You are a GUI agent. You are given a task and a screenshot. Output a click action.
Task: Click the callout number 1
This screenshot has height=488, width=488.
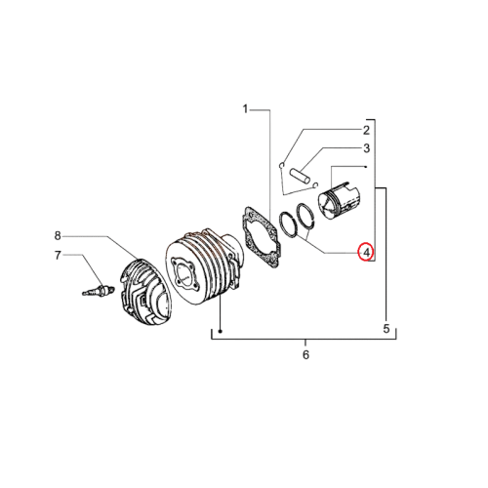point(246,109)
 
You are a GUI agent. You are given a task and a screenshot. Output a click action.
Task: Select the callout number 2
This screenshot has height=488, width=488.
point(366,131)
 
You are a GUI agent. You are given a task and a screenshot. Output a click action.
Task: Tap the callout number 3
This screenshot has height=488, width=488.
point(367,148)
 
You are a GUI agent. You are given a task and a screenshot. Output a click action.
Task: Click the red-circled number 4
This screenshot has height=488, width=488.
point(366,252)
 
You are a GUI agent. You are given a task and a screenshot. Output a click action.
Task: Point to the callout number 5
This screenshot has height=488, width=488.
point(386,329)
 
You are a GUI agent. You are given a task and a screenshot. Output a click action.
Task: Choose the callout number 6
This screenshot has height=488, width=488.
point(305,354)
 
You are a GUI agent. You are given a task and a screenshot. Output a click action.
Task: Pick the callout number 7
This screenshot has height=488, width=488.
point(58,256)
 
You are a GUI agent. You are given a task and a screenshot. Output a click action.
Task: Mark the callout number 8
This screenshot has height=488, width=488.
point(58,235)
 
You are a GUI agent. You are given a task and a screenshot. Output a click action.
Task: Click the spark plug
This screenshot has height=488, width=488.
point(98,290)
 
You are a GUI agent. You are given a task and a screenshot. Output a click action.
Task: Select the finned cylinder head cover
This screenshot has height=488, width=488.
point(145,292)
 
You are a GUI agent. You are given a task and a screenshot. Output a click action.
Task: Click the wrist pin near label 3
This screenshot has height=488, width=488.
point(300,176)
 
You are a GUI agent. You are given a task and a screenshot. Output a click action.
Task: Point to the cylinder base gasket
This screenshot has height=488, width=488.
point(262,237)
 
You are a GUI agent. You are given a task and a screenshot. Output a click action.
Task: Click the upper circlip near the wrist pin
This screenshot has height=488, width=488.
point(282,165)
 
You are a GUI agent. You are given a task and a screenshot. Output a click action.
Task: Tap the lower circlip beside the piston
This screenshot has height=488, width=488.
point(315,185)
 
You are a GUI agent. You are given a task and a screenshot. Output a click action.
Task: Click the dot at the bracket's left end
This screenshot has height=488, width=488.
point(221,332)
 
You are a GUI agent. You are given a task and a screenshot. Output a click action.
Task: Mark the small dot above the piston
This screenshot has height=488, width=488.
point(366,167)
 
